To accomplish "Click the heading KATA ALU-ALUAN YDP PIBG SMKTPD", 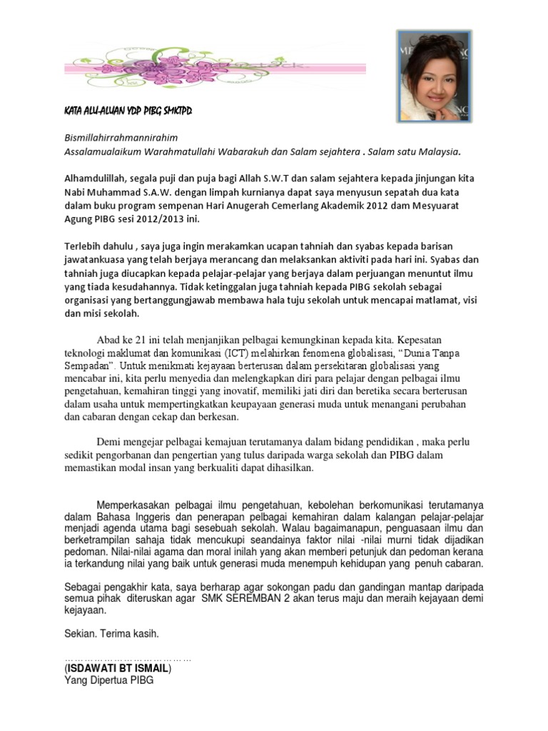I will [x=123, y=113].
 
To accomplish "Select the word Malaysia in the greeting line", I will [x=436, y=151].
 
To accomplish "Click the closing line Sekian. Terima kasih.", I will [x=112, y=634].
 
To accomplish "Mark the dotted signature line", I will [x=128, y=659].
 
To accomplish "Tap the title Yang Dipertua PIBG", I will [x=108, y=681].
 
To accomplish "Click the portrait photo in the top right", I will [x=432, y=75].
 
